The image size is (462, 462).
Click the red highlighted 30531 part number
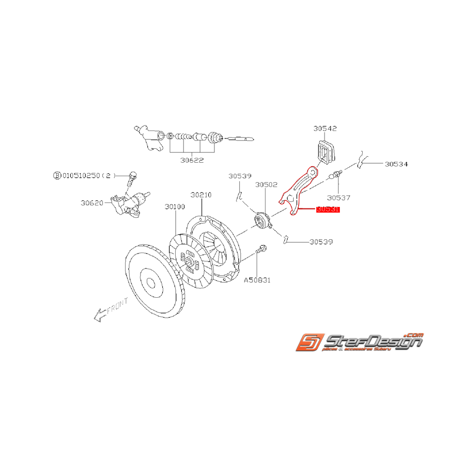(328, 209)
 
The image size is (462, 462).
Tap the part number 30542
(325, 128)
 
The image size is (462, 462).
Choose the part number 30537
(339, 198)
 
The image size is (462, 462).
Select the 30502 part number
(266, 185)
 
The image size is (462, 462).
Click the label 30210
(201, 195)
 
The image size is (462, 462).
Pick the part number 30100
(175, 206)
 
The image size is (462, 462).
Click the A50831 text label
(257, 280)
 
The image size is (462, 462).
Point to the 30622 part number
(192, 160)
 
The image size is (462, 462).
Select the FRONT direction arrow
(110, 309)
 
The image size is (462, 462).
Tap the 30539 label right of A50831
(321, 242)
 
